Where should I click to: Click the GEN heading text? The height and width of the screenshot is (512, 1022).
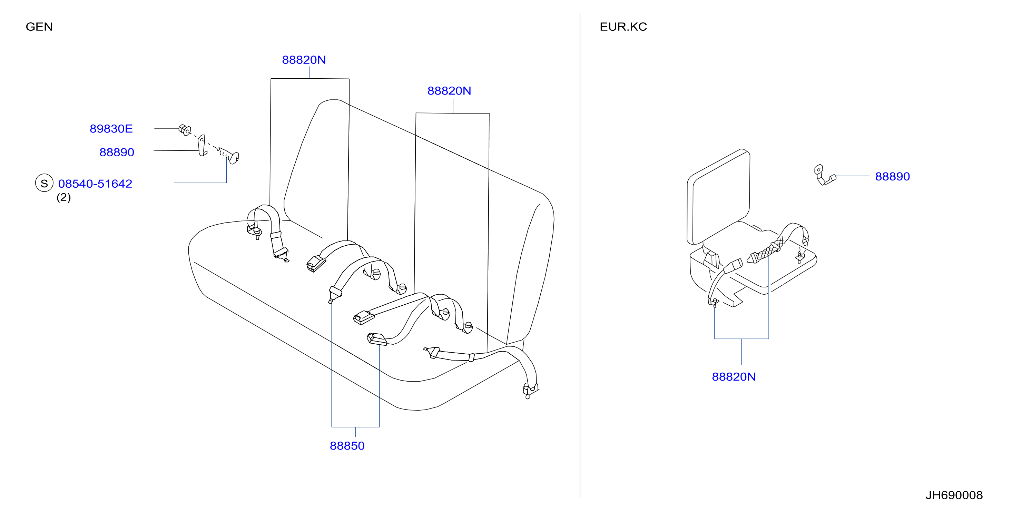[x=39, y=27]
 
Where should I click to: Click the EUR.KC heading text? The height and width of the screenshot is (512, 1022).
[x=623, y=27]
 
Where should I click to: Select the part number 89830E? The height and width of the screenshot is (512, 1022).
[x=111, y=128]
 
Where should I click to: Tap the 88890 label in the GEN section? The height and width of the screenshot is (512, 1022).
[x=117, y=152]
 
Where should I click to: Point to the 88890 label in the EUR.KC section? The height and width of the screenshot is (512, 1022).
[x=892, y=177]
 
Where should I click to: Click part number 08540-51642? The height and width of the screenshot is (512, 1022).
[x=95, y=184]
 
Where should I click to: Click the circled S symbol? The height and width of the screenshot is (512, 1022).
[x=44, y=183]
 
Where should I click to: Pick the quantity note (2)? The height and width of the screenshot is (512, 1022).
[x=63, y=197]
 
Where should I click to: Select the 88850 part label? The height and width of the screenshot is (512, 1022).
[x=347, y=446]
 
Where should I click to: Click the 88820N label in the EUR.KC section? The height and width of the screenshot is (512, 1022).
[x=734, y=377]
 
